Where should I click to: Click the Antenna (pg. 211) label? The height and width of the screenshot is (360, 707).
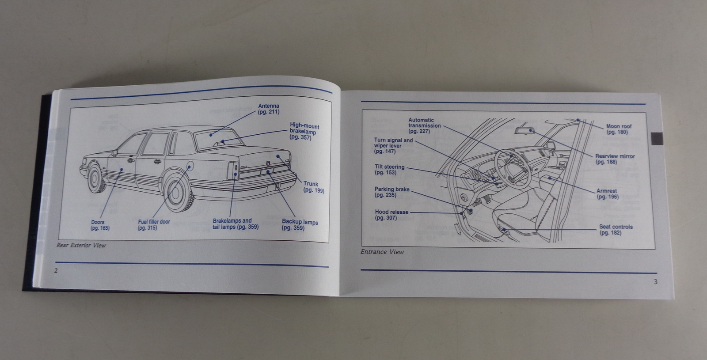coord(269,109)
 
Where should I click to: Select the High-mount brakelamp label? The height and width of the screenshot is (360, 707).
coord(304,132)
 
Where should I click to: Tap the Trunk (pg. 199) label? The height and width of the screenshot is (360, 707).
coord(313,187)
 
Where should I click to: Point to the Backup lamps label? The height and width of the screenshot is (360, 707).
coord(300,225)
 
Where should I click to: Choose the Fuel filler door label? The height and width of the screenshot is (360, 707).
coord(153,225)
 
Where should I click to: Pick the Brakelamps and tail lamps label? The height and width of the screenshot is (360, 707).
coord(235,224)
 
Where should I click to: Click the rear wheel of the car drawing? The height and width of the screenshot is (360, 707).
coord(177,191)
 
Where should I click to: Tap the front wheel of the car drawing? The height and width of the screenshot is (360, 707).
coord(95,178)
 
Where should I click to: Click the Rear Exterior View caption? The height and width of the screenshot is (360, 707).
coord(81,245)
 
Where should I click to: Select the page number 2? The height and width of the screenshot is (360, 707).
coord(56,271)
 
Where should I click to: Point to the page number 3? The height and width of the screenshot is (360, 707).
coord(655,282)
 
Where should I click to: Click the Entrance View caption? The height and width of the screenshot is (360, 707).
coord(382,252)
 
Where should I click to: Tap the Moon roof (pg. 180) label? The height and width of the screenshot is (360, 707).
coord(618,129)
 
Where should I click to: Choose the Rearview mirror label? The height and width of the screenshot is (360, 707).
coord(614,159)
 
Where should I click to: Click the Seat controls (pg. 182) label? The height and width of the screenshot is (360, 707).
coord(616,230)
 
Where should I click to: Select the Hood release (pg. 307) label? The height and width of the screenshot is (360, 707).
coord(392,215)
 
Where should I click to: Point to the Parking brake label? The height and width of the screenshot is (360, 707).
coord(392,192)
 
